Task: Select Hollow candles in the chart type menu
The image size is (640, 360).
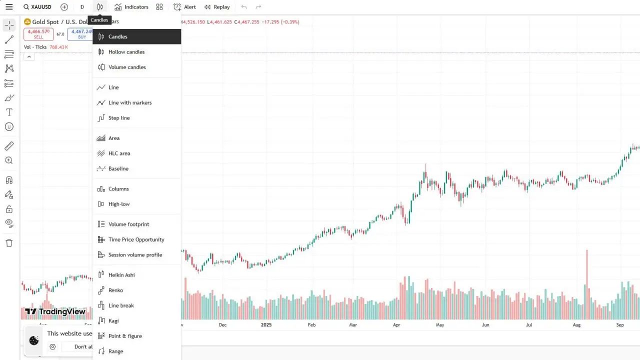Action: [126, 52]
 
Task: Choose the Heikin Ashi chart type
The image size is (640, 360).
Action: [121, 275]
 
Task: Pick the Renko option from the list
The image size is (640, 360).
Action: [115, 290]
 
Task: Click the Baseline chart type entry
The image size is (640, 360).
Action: [118, 169]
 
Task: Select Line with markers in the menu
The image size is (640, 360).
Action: [130, 103]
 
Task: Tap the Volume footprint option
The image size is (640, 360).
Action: [128, 224]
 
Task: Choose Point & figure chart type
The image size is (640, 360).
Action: [125, 336]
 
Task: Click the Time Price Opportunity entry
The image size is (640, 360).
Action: [136, 240]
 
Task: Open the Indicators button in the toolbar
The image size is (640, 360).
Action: [131, 7]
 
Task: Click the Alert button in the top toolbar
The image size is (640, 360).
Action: [185, 7]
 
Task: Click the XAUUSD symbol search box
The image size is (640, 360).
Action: [37, 7]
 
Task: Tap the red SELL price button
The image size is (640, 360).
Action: [38, 34]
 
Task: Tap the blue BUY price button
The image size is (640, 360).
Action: [81, 34]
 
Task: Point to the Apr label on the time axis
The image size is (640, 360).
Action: [396, 325]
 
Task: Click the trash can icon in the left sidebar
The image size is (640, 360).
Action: [9, 243]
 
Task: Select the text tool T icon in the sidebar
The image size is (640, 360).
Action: [9, 112]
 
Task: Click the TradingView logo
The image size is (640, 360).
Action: [55, 311]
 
